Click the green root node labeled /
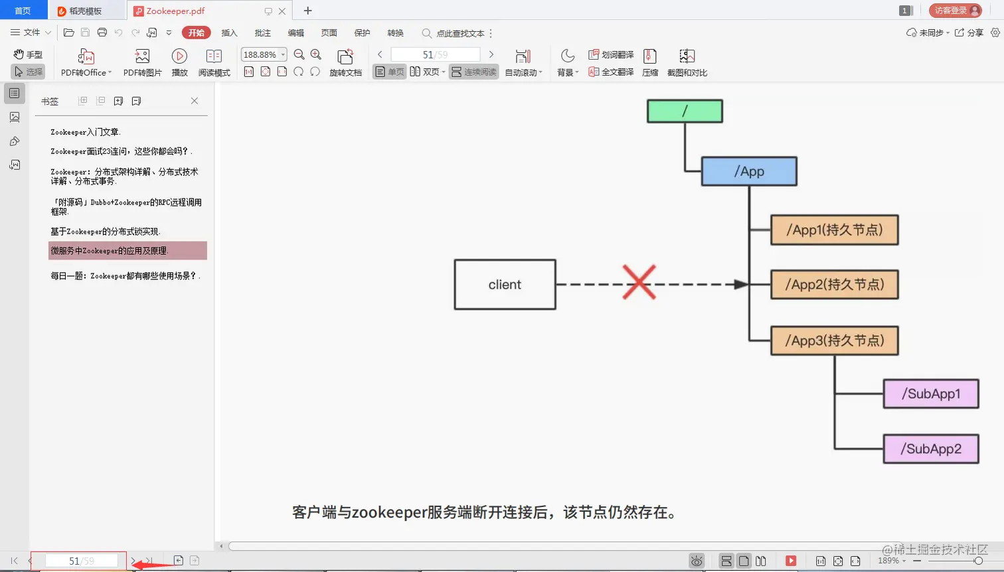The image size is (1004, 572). (685, 111)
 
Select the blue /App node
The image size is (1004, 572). (749, 171)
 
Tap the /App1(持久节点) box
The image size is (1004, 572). (834, 230)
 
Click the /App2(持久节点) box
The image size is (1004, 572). (834, 285)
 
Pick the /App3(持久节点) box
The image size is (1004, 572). (834, 340)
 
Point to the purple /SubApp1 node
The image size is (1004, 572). (931, 394)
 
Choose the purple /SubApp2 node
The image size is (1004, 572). (931, 449)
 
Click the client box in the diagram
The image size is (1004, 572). (505, 285)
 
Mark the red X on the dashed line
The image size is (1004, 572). (639, 282)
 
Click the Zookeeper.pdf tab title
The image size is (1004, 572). (175, 11)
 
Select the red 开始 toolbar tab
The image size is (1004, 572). (196, 33)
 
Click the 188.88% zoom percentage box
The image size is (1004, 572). (260, 54)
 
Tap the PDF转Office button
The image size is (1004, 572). (86, 63)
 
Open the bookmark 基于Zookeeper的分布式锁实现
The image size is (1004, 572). (105, 232)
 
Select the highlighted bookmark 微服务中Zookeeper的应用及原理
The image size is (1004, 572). (110, 251)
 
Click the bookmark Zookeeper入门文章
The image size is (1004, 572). (85, 132)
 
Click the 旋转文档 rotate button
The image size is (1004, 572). (345, 63)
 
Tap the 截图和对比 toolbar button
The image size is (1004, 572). (687, 63)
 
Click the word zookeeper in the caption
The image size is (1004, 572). (388, 512)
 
